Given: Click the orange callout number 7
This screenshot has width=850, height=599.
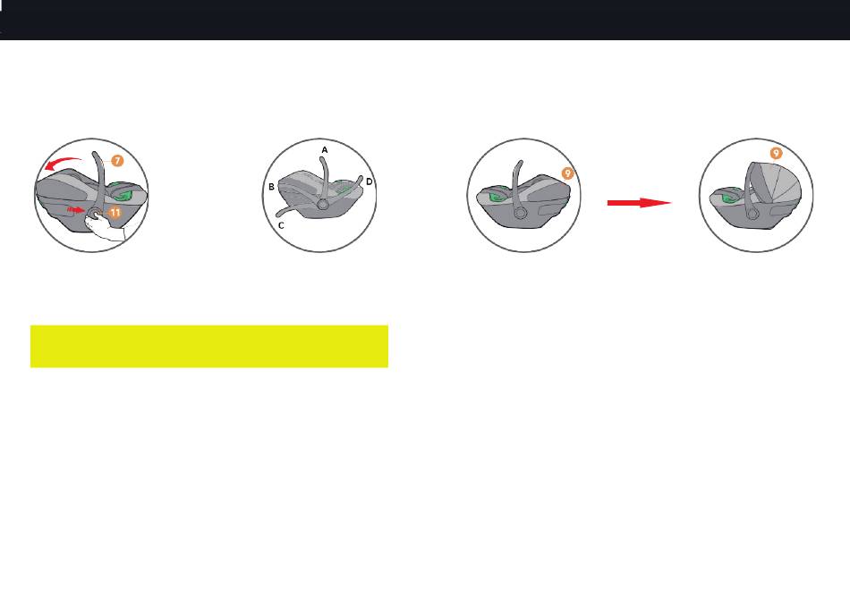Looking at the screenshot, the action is (117, 160).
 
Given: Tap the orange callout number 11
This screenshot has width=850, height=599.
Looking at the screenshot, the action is (115, 213).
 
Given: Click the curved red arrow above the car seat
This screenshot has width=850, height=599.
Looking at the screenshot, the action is (63, 163).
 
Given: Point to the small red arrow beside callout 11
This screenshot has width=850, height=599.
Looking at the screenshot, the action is (75, 209).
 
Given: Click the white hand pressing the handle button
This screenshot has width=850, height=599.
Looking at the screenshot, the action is (105, 227).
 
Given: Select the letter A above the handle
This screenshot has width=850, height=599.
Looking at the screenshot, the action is (325, 150).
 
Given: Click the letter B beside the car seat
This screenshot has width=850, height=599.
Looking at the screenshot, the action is (272, 187).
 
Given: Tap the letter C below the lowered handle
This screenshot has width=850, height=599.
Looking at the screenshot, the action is (281, 225).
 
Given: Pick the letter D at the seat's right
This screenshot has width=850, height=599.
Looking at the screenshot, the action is (370, 181).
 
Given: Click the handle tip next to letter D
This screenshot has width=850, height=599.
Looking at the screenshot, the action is (360, 178).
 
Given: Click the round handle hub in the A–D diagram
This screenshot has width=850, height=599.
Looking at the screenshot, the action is (322, 204).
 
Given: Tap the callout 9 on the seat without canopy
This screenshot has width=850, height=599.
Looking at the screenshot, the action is (567, 173).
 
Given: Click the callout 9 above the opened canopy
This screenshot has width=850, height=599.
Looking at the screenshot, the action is (777, 153).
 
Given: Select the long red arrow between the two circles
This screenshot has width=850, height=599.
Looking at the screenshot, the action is (639, 203).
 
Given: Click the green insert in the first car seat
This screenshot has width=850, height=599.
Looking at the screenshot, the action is (125, 194).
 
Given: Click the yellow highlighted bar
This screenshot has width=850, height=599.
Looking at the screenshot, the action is (209, 346).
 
